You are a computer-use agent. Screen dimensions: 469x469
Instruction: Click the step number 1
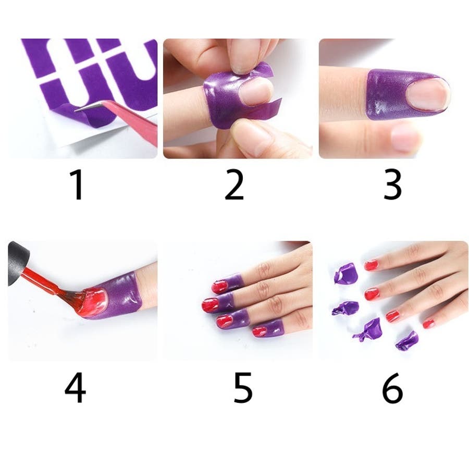pos(77,184)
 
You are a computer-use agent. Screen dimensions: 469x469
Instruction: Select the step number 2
pos(234,184)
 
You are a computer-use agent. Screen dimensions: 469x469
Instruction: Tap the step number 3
pos(392,184)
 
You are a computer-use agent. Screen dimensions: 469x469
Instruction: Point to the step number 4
pos(75,388)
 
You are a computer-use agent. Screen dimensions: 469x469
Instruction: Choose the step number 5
pos(242,388)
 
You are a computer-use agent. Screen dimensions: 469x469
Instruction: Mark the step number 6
pos(392,388)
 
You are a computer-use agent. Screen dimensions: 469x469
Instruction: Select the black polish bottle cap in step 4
pos(18,264)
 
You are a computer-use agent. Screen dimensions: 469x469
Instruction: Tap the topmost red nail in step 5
pos(221,286)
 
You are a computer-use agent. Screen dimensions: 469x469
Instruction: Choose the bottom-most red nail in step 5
pos(260,331)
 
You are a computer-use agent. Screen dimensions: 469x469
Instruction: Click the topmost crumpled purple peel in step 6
pos(345,273)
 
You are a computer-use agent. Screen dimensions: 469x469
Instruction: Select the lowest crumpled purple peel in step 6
pos(406,341)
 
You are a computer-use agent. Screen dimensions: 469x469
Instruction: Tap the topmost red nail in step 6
pos(371,265)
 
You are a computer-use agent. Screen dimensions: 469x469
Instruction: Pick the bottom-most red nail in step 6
pos(429,323)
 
